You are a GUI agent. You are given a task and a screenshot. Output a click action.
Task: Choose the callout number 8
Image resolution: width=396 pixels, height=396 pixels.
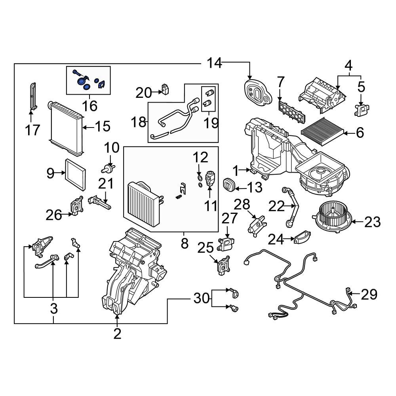tap(185, 243)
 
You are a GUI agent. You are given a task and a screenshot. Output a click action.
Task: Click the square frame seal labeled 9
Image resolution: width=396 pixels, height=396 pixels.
tap(75, 173)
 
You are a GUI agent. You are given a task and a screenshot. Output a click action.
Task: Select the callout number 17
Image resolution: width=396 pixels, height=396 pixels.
tap(33, 129)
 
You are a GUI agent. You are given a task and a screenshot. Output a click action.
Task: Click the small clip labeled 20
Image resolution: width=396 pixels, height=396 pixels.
tap(165, 90)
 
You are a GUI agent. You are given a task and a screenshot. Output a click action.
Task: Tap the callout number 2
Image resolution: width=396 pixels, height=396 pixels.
tap(117, 333)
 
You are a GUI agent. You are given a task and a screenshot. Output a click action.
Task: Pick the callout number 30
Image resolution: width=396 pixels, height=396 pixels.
tap(201, 298)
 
